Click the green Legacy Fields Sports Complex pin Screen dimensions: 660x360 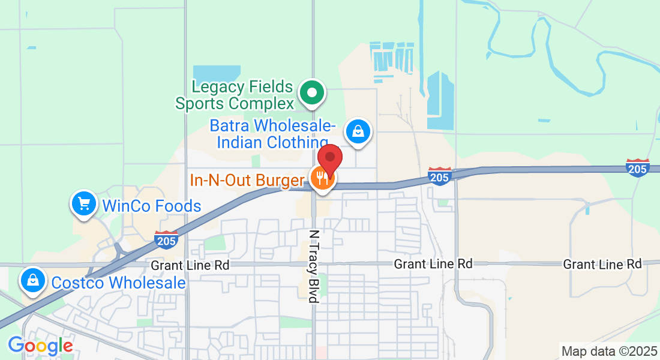click(312, 93)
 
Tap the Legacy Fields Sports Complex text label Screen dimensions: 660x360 click(242, 95)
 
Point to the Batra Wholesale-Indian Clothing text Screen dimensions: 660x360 click(273, 134)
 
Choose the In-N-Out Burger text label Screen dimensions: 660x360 click(248, 179)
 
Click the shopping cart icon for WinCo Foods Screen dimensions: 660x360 click(84, 205)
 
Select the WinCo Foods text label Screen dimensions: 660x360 click(152, 206)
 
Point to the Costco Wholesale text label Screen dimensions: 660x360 click(119, 283)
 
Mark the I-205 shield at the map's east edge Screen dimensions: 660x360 click(637, 167)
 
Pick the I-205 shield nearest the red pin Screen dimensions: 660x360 click(440, 176)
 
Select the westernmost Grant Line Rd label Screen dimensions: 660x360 click(190, 265)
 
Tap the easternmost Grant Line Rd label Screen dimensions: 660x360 click(602, 264)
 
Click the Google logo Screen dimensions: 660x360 click(40, 346)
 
